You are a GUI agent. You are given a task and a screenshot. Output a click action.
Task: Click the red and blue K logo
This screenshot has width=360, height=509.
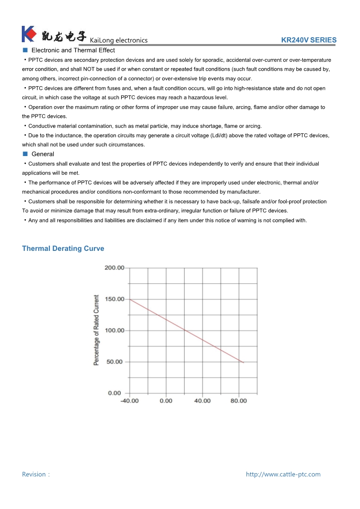29,34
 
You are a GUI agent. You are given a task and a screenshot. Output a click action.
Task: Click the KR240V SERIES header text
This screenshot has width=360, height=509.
309,40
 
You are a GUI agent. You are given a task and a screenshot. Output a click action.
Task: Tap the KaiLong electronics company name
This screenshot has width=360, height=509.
119,40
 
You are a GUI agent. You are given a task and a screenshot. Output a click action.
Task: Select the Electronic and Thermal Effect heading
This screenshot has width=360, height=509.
73,50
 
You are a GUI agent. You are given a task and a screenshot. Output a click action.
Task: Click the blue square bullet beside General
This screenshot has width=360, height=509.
25,154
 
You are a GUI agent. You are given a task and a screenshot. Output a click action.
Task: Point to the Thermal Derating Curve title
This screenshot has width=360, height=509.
63,249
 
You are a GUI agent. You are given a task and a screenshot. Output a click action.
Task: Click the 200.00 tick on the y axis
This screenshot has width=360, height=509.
114,268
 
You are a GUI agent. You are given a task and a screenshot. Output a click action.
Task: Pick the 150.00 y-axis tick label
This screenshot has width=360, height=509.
114,299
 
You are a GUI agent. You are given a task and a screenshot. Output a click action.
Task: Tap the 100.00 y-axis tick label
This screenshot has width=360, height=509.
114,330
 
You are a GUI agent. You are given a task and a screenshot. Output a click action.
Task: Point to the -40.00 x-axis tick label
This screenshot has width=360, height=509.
129,401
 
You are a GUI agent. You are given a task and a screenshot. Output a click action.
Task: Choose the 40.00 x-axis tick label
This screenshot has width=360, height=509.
202,401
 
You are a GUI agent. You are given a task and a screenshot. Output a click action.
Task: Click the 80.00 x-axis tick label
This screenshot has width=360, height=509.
239,401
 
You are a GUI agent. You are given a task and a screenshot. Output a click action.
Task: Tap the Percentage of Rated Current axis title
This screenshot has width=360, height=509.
96,330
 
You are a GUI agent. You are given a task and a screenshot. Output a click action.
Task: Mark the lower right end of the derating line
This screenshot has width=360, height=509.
243,362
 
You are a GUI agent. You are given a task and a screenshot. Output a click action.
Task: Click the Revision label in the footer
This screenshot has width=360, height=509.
35,475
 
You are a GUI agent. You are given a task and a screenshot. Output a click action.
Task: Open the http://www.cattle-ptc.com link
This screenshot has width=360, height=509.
283,475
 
